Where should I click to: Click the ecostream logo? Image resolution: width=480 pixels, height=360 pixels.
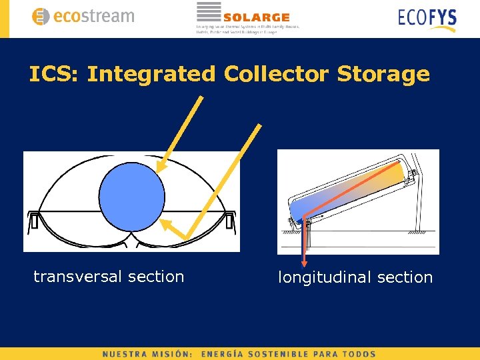(x=83, y=16)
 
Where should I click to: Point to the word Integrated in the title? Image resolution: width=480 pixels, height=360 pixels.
(x=151, y=74)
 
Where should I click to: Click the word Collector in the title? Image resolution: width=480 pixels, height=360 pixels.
(x=277, y=74)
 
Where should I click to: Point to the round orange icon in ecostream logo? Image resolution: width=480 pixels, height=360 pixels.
(x=41, y=17)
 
